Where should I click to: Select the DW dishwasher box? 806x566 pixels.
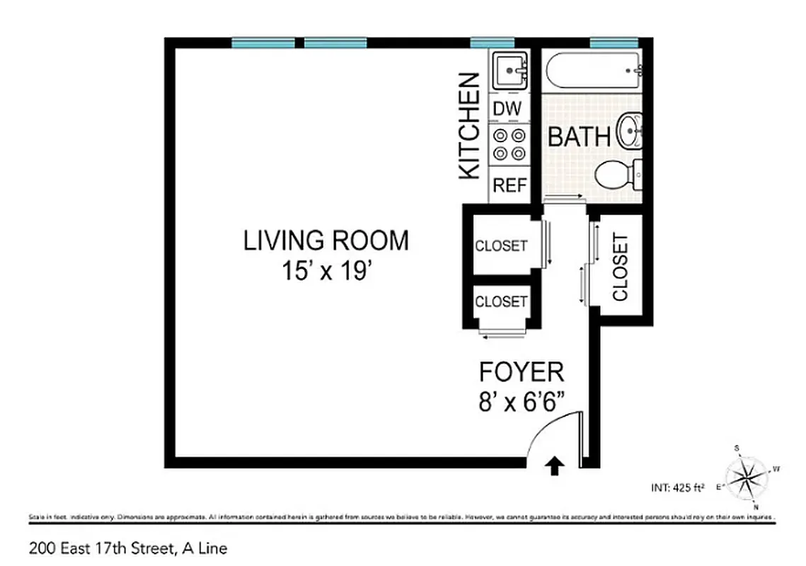point(507,108)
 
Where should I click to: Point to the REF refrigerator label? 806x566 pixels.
point(509,185)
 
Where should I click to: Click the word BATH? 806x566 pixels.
point(580,137)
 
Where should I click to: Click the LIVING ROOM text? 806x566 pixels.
point(326,241)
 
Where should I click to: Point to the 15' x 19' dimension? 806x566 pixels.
point(326,271)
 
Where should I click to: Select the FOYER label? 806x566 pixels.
point(522,371)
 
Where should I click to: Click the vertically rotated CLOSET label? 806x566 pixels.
point(620,267)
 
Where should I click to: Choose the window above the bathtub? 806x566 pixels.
point(614,43)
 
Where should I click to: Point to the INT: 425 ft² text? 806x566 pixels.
point(677,487)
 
